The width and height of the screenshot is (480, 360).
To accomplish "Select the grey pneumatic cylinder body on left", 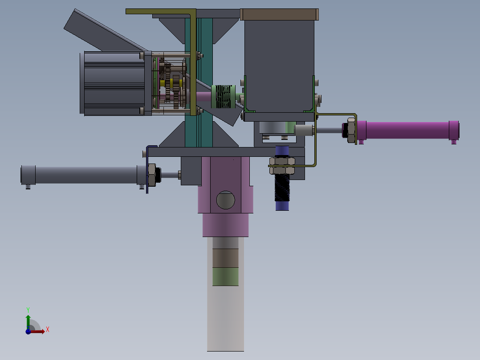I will tap(85, 175).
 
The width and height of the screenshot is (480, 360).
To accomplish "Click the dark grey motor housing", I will tap(111, 83).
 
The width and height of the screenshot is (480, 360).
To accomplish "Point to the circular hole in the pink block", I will tap(225, 200).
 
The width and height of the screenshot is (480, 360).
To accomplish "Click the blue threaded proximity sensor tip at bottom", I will tap(282, 205).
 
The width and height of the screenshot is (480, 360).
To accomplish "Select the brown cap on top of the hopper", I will tap(280, 14).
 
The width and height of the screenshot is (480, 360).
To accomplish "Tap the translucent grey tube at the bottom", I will tap(225, 321).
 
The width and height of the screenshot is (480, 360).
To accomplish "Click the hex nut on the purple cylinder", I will tap(350, 130).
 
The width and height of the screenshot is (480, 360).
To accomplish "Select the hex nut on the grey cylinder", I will tap(151, 175).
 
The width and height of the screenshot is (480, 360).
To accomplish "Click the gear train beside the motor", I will tap(171, 85).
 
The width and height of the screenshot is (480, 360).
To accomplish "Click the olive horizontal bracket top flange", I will tap(160, 12).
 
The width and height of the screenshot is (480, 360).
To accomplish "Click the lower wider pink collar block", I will tap(225, 225).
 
